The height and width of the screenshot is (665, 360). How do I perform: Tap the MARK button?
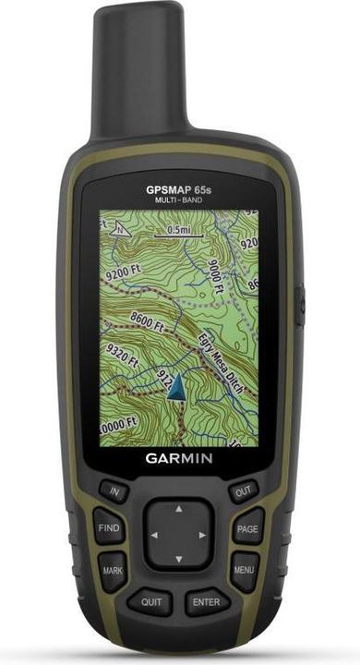click(112, 570)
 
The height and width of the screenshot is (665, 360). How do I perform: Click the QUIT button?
click(151, 600)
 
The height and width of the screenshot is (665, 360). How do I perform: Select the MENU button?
click(244, 570)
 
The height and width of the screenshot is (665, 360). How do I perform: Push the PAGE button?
click(246, 529)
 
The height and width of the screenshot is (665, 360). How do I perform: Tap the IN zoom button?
click(115, 493)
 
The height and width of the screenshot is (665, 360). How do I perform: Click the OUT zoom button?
click(244, 493)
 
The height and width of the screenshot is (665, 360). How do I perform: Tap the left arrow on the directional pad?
click(154, 535)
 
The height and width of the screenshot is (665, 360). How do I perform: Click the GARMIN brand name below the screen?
click(179, 457)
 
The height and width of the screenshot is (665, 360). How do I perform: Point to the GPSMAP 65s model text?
click(178, 189)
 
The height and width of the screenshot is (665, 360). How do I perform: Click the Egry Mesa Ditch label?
click(222, 354)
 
